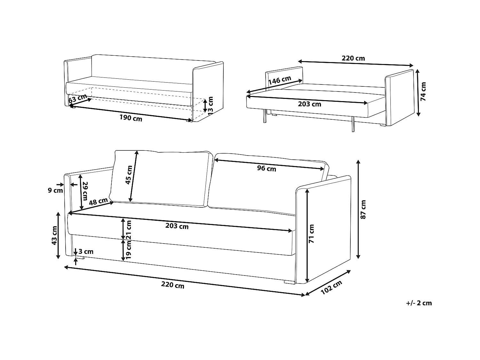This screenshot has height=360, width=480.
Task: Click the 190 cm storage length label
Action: pos(131,118)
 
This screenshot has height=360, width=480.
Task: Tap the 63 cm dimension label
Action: pos(78,98)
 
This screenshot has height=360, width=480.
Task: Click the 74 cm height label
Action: pos(423,92)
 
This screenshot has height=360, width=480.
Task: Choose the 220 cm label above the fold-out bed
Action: pos(353,58)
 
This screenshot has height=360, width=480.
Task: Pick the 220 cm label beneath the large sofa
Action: pos(173,285)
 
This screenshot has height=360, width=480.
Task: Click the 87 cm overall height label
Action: pos(363,209)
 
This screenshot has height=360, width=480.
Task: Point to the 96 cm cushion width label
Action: pos(267,168)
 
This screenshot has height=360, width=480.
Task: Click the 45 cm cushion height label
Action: pos(129,175)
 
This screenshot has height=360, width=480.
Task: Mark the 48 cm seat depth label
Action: pos(98,202)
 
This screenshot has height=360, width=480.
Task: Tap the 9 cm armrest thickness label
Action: pos(55,190)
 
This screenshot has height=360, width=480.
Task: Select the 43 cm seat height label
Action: pos(54,235)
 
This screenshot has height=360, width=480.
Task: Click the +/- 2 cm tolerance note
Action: pos(419,303)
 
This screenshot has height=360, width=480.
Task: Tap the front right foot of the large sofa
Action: pos(289,282)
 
